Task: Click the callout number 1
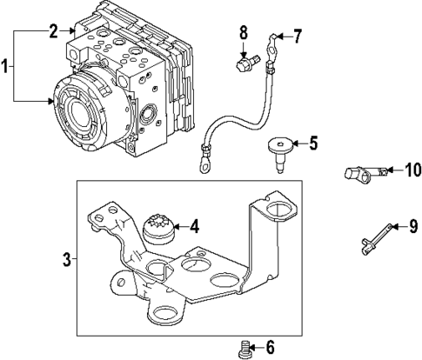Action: pos(7,66)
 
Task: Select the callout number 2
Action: pos(53,31)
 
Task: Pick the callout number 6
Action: pos(269,349)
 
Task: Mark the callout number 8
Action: pos(244,33)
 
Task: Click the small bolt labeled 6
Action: pos(245,349)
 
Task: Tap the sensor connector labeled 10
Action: pos(359,174)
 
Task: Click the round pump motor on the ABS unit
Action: pos(90,114)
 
